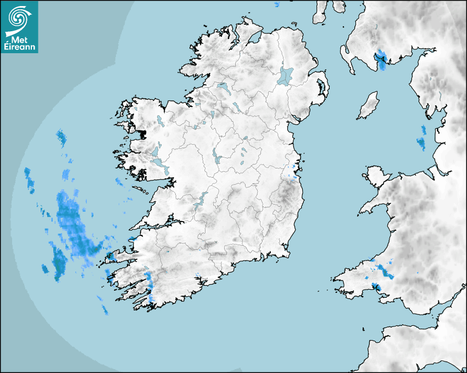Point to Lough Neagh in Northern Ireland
[286, 76]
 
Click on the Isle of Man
[369, 105]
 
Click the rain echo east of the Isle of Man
[422, 138]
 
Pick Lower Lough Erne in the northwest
[223, 86]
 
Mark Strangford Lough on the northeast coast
[320, 87]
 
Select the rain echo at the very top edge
[276, 4]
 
